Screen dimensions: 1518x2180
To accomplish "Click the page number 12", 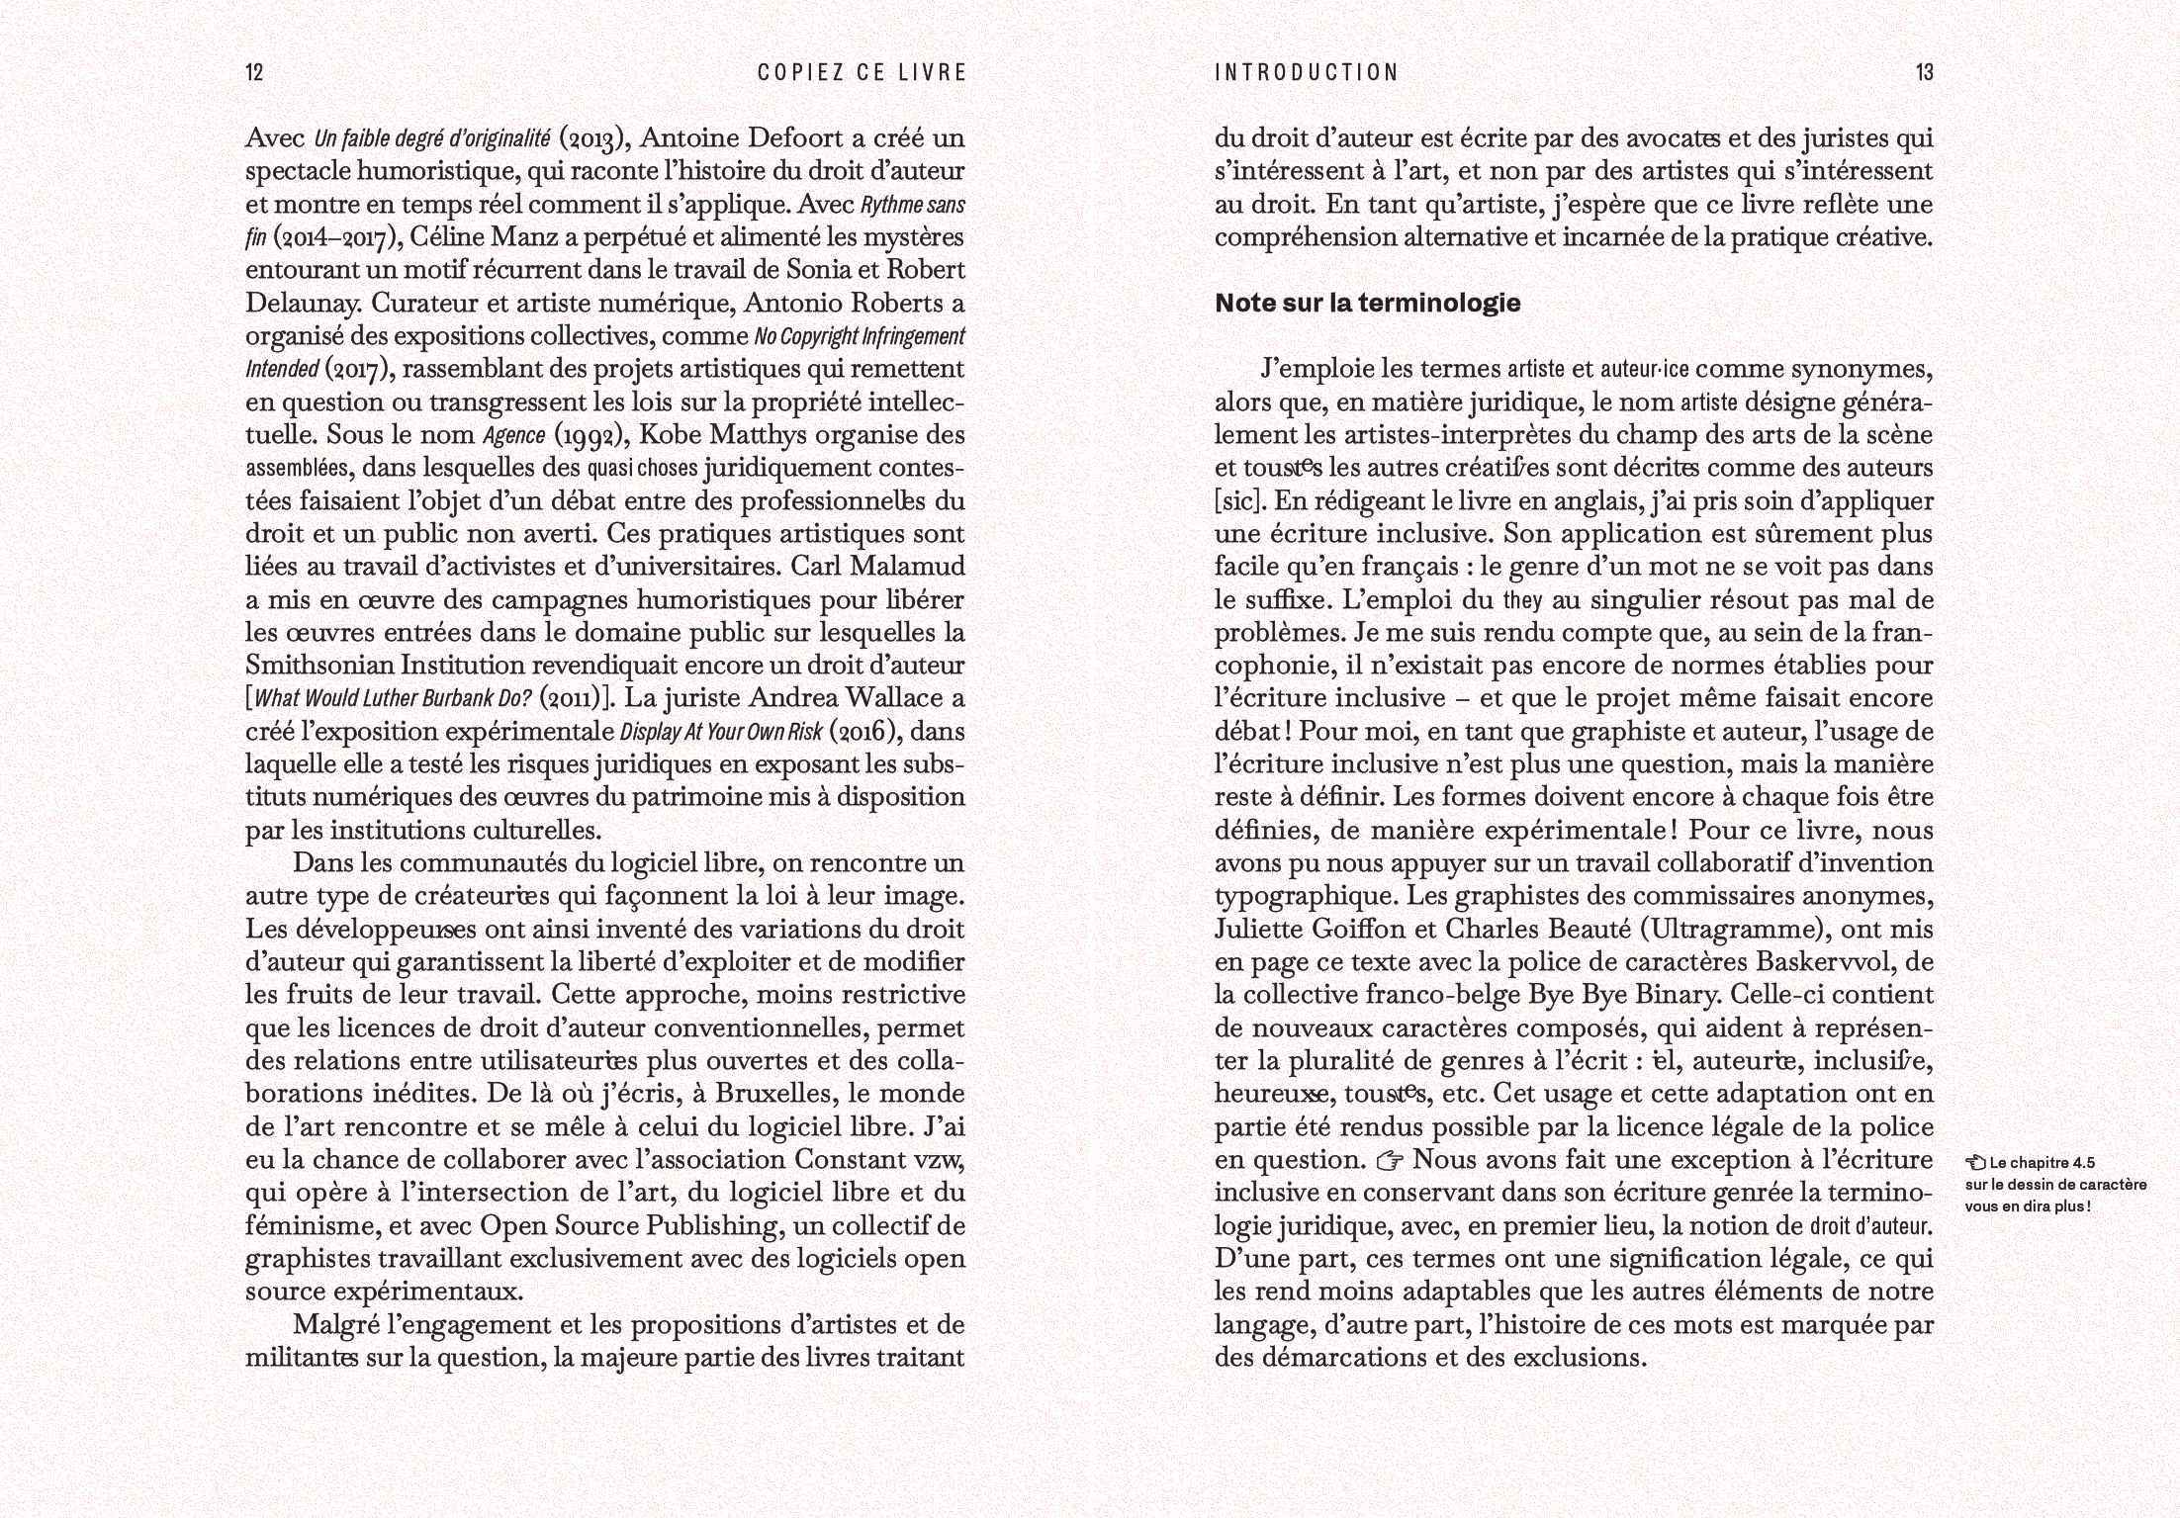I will [254, 72].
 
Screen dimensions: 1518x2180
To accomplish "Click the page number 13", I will [1924, 72].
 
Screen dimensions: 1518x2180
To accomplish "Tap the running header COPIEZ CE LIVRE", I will [861, 72].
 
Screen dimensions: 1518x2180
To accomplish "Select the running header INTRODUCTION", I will [1306, 72].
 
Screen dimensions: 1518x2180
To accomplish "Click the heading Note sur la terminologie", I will [1367, 304].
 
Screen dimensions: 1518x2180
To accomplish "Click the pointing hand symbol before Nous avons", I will [1391, 1159].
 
